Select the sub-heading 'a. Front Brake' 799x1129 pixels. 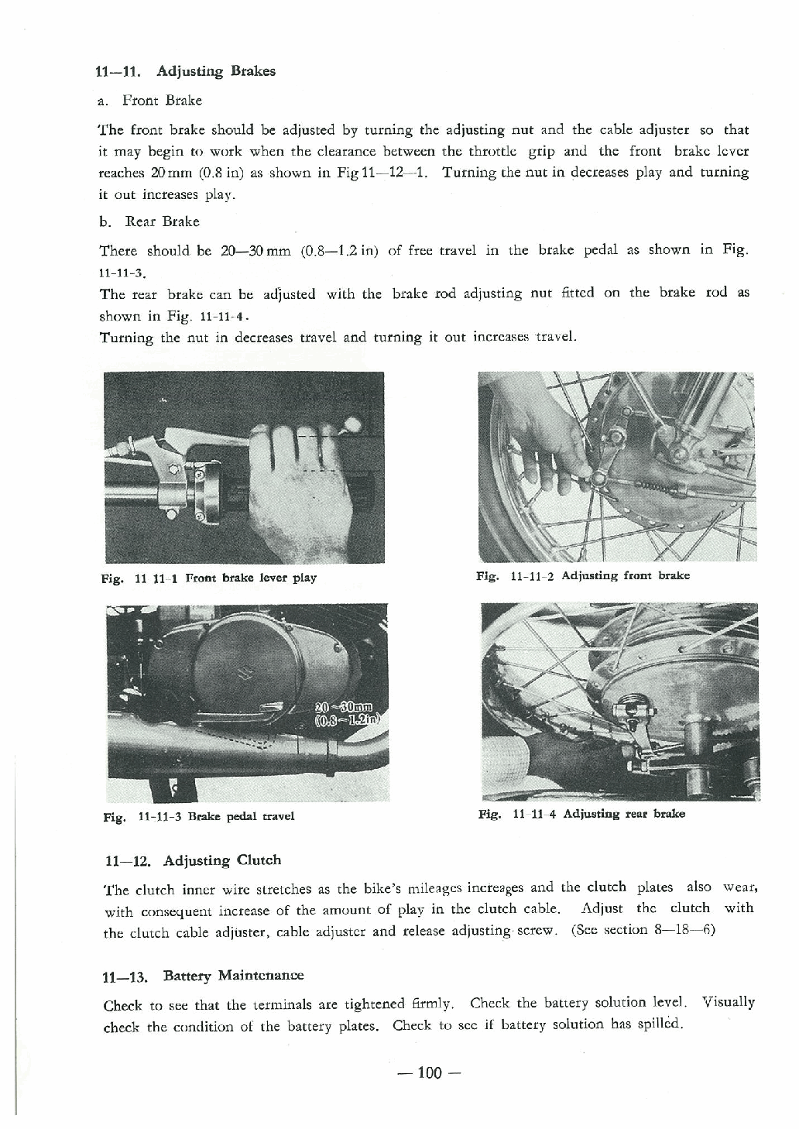point(151,101)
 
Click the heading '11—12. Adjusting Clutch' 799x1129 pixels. point(192,860)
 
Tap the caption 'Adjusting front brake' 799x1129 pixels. point(625,575)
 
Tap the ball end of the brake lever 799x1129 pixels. point(353,424)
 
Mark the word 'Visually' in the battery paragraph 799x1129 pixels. point(728,1002)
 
